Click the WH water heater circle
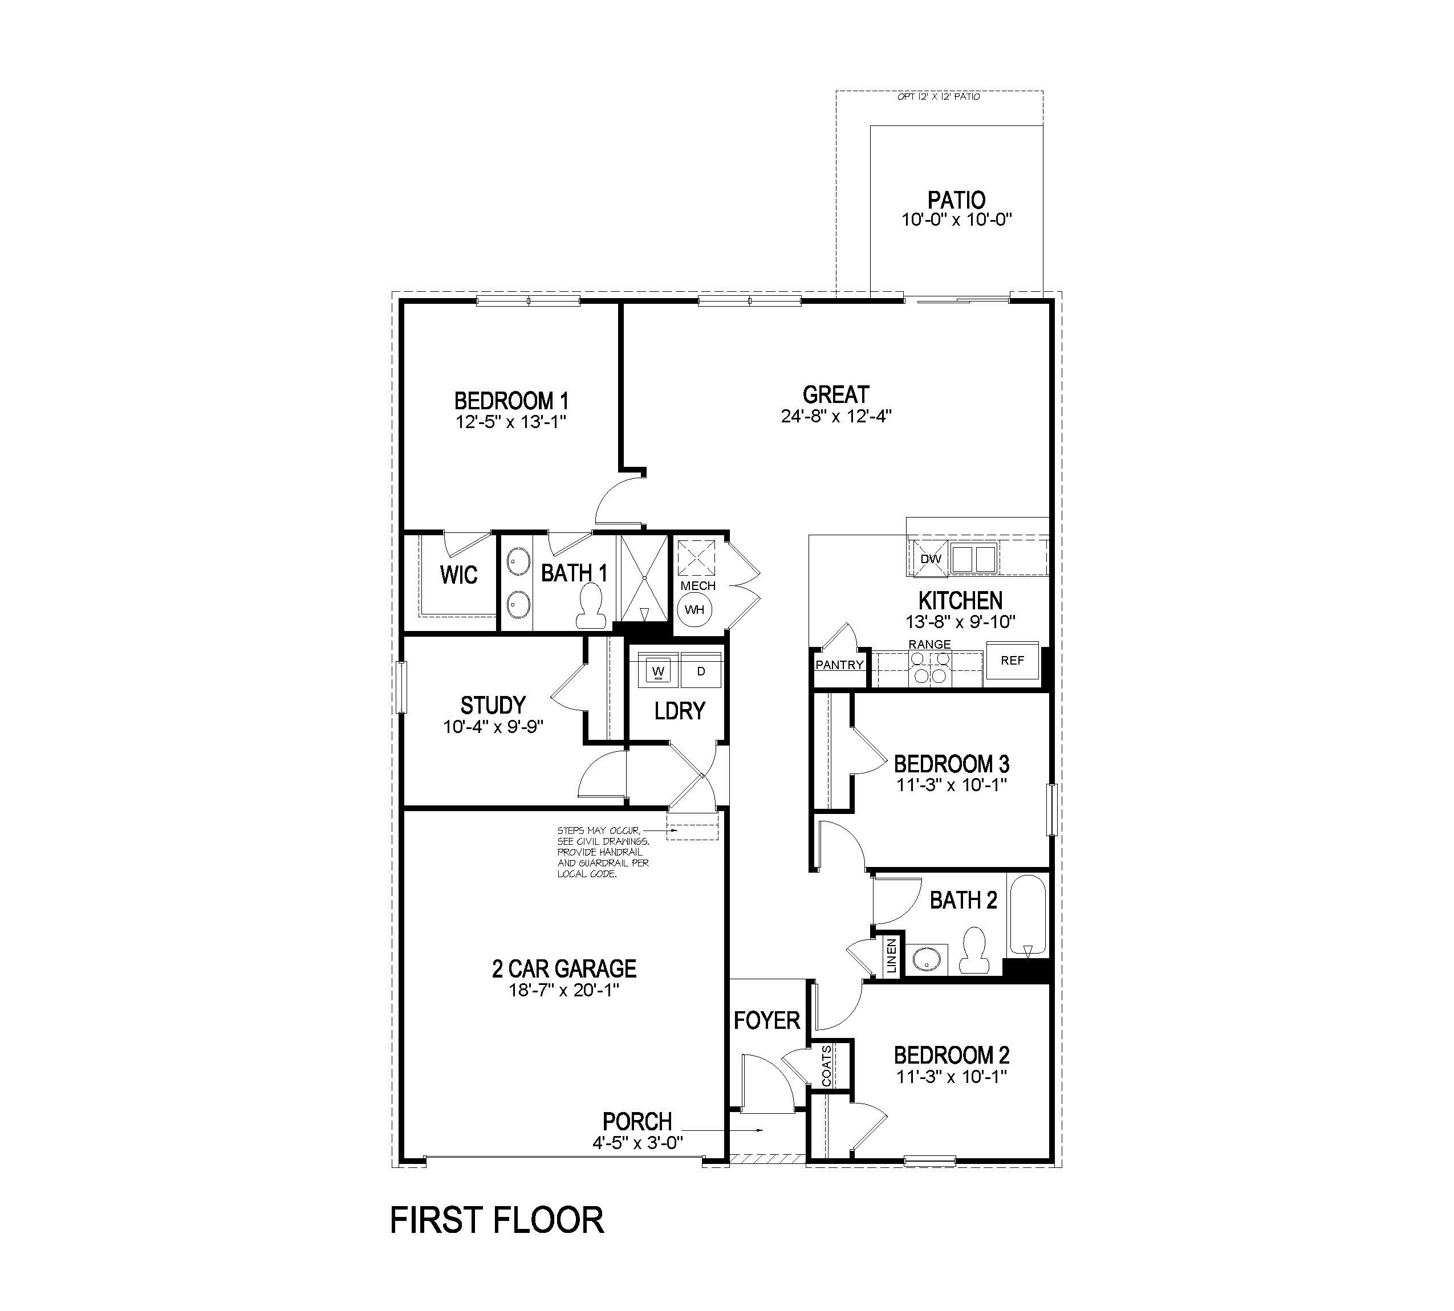694,610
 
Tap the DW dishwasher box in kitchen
930,560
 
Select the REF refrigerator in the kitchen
1012,661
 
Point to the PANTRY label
839,665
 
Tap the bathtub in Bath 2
1027,915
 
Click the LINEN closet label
892,956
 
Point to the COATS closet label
826,1066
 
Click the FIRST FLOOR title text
497,1221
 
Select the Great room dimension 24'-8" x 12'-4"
836,416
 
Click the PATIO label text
956,200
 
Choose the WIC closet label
458,575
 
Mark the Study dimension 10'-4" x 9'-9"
493,727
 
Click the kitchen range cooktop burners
929,667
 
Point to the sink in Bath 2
924,959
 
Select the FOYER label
766,1021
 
